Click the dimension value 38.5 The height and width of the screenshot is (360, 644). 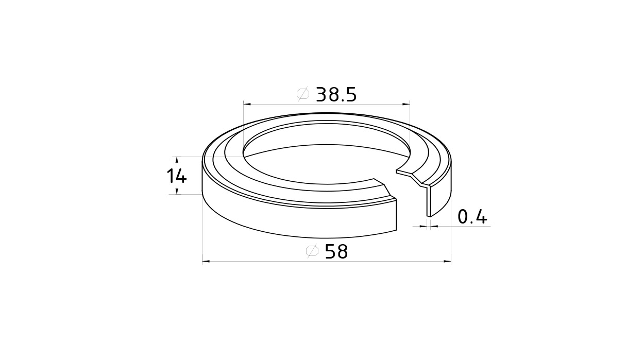[x=336, y=95]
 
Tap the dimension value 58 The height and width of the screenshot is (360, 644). [x=336, y=252]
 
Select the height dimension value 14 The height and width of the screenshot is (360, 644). [x=177, y=176]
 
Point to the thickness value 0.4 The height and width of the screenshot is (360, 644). [x=472, y=217]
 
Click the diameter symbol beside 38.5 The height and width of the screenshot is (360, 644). [x=303, y=94]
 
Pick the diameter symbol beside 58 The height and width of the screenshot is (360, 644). [x=312, y=251]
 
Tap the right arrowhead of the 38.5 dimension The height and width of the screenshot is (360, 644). [x=406, y=104]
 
